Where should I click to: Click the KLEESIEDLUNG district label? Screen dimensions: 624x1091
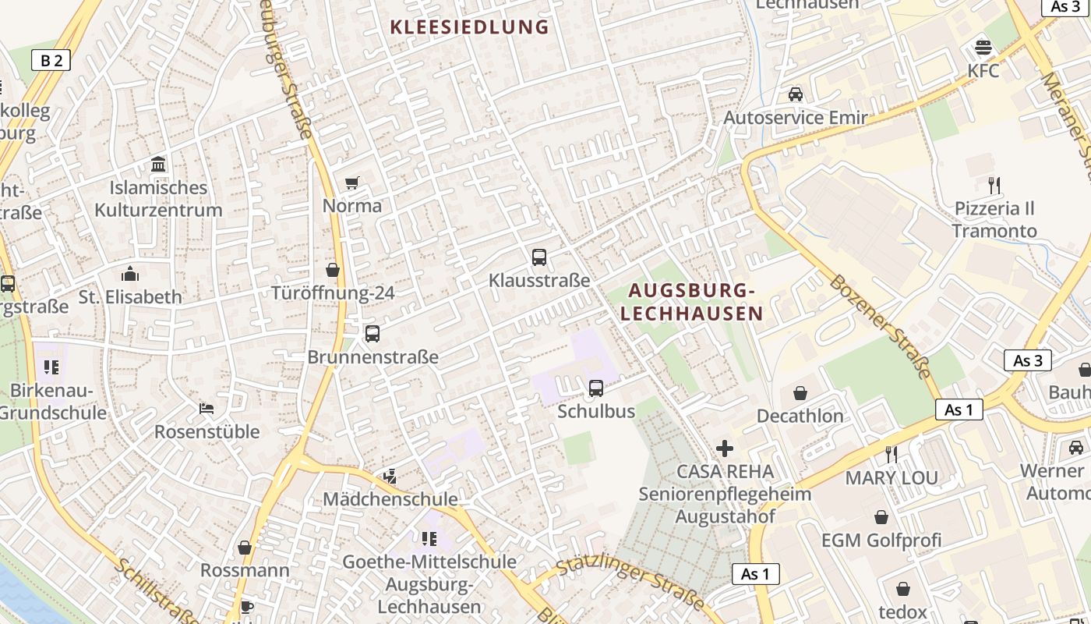(x=469, y=27)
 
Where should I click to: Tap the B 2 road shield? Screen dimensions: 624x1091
(x=51, y=60)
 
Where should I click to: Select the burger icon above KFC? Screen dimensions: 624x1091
(x=983, y=47)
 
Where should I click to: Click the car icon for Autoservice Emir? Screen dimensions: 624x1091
(x=795, y=94)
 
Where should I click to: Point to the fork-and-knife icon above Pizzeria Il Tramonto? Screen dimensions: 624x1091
(x=994, y=186)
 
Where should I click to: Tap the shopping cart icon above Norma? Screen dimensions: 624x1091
(x=352, y=183)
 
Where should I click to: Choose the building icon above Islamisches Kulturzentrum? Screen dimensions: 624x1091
(x=159, y=165)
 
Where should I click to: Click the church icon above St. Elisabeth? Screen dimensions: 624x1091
(x=130, y=274)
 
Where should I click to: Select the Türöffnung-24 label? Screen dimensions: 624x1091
(x=333, y=293)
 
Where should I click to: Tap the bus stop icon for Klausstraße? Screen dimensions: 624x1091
(x=538, y=257)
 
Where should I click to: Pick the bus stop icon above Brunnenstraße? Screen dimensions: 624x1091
(x=372, y=334)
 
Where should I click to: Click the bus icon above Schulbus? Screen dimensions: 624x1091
(x=596, y=388)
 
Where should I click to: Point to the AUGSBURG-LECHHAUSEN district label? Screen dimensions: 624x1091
(x=691, y=302)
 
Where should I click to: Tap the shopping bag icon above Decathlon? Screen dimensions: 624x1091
(x=800, y=393)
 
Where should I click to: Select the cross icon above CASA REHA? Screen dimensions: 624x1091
(x=725, y=448)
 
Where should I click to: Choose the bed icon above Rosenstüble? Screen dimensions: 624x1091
(x=207, y=408)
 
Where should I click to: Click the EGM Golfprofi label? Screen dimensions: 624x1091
(x=881, y=540)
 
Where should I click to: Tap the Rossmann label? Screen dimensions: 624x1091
(x=245, y=570)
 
